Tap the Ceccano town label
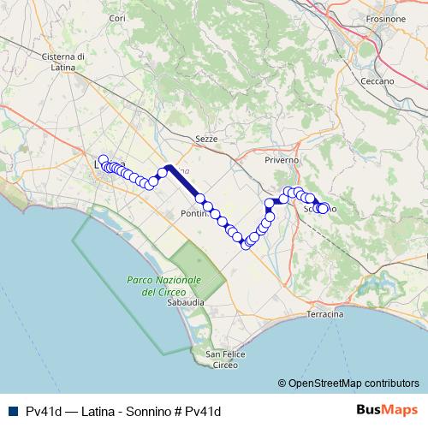[x=377, y=81]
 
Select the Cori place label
[x=118, y=18]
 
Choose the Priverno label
[x=282, y=160]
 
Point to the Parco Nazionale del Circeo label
[x=163, y=286]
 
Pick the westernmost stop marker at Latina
[x=104, y=160]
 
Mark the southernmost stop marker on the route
[x=246, y=245]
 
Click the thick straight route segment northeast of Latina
[x=185, y=181]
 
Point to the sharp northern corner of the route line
[x=169, y=167]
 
